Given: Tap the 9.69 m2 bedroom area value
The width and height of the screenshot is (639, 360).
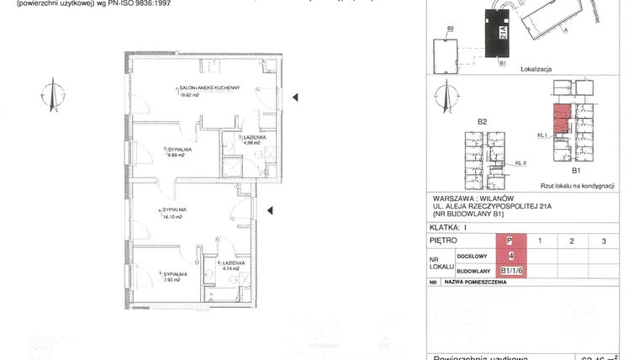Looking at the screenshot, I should pyautogui.click(x=177, y=155).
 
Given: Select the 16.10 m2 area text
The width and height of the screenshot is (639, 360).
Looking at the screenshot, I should pyautogui.click(x=173, y=216).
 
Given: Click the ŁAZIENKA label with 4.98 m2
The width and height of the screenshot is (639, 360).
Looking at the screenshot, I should pyautogui.click(x=255, y=136).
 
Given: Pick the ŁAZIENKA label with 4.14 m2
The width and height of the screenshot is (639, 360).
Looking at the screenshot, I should pyautogui.click(x=232, y=262).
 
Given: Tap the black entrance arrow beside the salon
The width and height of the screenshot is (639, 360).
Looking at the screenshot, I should pyautogui.click(x=294, y=99).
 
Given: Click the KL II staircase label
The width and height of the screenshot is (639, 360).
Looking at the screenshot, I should pyautogui.click(x=520, y=162).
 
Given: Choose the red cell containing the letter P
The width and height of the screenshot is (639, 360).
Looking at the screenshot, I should pyautogui.click(x=510, y=241).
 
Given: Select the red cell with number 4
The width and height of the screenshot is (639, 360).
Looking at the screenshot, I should pyautogui.click(x=510, y=256).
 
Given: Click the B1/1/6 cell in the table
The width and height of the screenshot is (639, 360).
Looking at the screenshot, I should pyautogui.click(x=513, y=270).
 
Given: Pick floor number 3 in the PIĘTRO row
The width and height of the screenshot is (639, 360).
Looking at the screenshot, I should pyautogui.click(x=603, y=241).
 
